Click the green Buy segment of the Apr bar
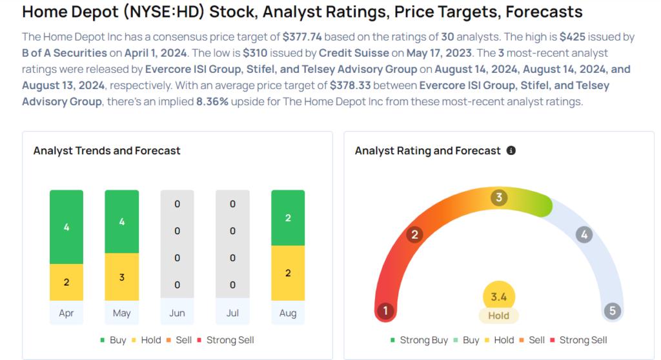(66, 227)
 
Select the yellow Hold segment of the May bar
(121, 277)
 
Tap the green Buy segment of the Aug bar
(288, 218)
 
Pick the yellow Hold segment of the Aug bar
(288, 273)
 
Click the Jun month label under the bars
(177, 313)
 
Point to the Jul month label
(232, 313)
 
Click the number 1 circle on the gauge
(385, 311)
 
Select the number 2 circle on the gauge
(414, 234)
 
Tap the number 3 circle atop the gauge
(499, 197)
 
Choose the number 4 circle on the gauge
(584, 234)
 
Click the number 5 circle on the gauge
(613, 311)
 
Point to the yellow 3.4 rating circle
(499, 296)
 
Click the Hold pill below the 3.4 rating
(499, 315)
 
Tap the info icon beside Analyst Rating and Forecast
(511, 150)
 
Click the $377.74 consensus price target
(302, 37)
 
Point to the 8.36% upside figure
(212, 102)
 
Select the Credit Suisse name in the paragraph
(354, 53)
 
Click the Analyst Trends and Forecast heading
(107, 151)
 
